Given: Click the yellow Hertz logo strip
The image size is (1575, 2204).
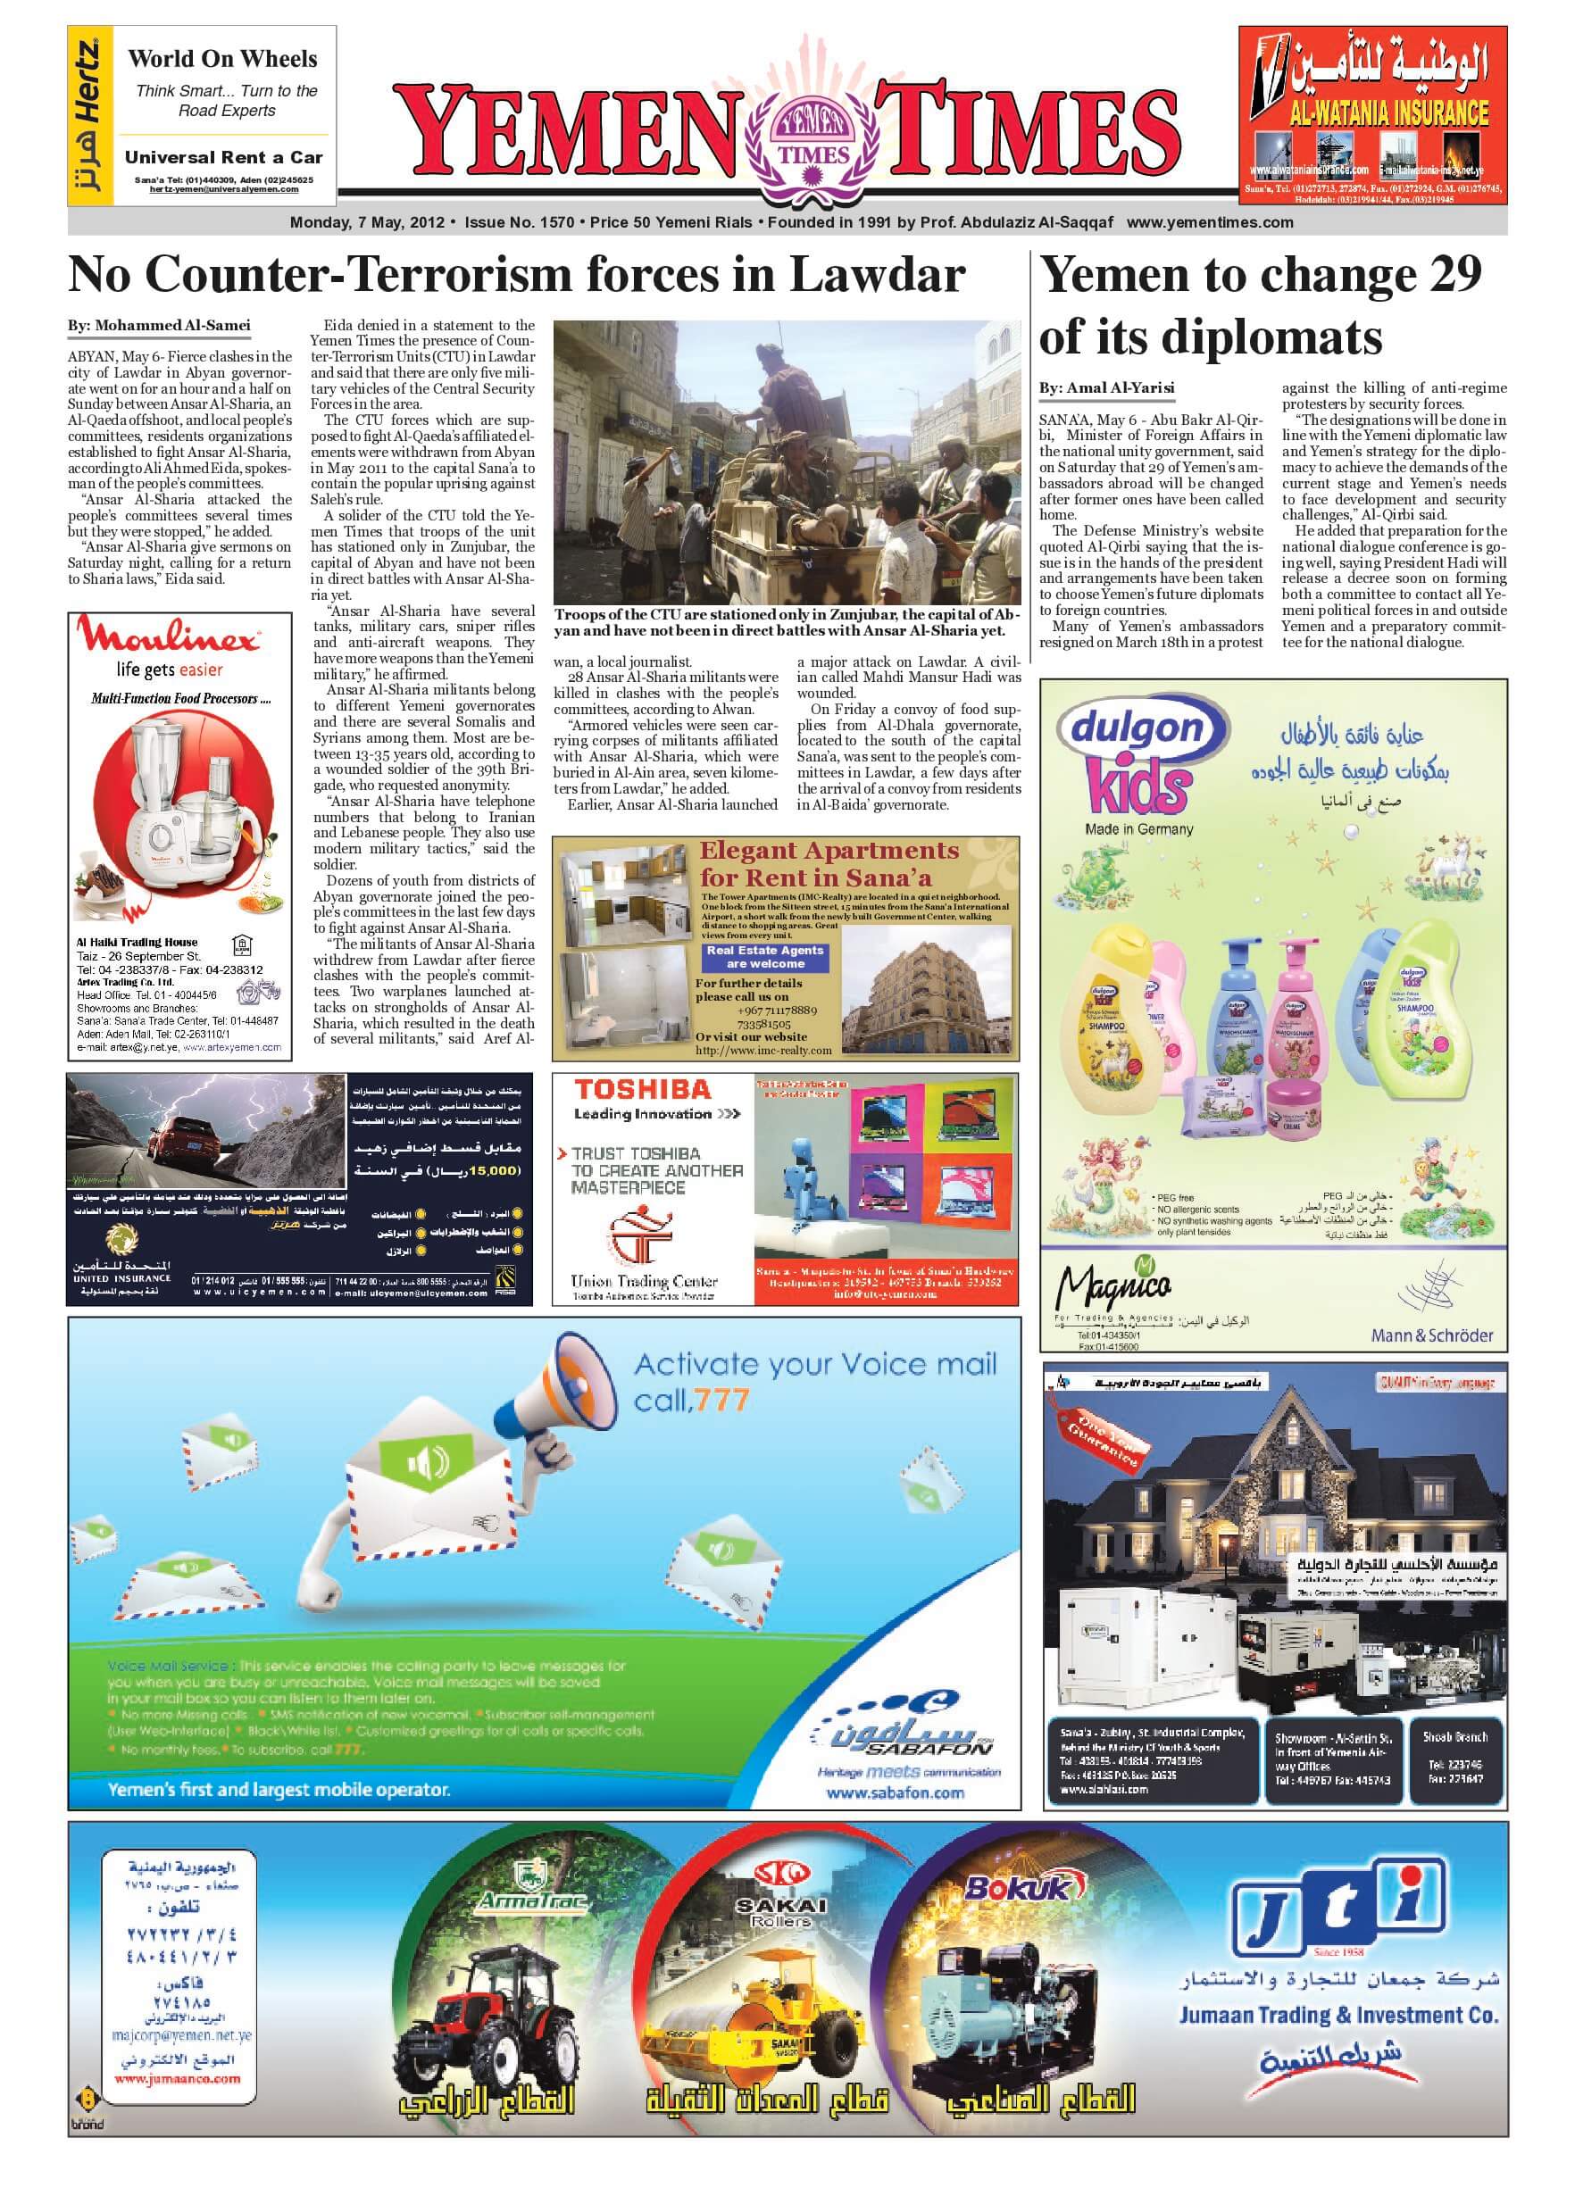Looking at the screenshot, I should tap(90, 115).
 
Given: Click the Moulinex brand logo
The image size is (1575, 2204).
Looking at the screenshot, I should tap(170, 639).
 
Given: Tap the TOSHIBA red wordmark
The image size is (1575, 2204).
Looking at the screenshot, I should tap(642, 1090).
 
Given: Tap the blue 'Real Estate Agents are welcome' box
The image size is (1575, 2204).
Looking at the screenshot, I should tap(764, 957).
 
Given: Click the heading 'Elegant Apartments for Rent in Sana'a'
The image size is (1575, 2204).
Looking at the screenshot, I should tap(829, 864).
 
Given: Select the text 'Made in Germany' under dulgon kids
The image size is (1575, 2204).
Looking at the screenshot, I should tap(1138, 829).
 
